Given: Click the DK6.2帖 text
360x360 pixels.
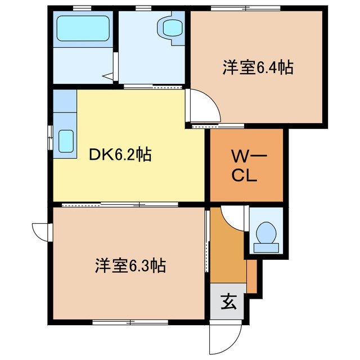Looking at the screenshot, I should [121, 155].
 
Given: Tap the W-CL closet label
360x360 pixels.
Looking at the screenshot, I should [246, 165].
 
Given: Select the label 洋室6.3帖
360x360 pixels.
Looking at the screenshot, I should [129, 265].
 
